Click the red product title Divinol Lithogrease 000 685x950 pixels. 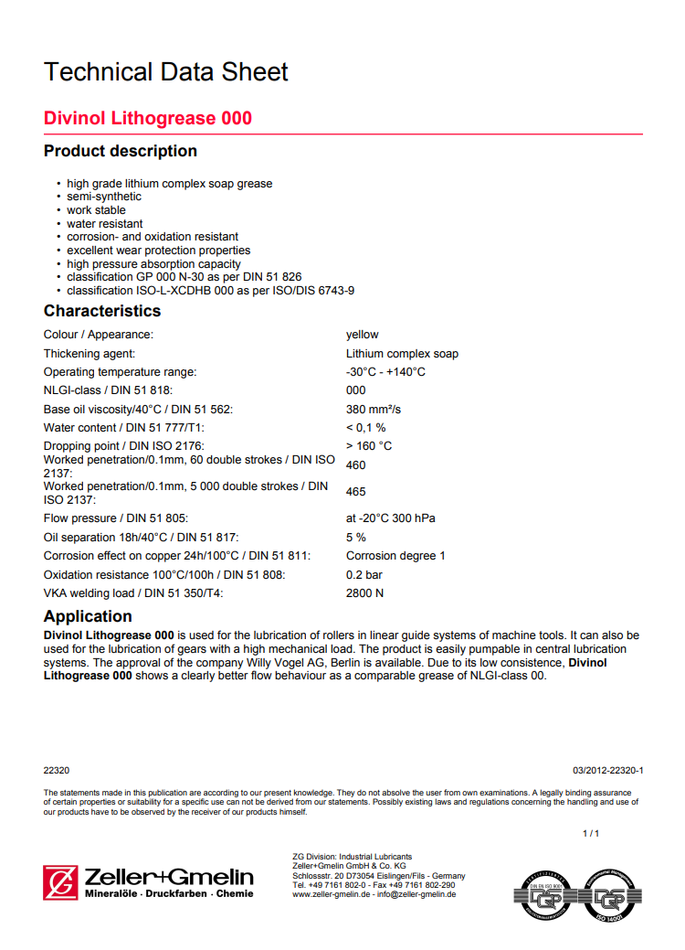(148, 119)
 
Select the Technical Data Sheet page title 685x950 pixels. (166, 72)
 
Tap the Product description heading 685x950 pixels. (121, 151)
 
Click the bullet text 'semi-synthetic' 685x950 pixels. (104, 197)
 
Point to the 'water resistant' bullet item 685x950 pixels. (105, 223)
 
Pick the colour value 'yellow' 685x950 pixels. (362, 335)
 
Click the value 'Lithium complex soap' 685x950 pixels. (402, 354)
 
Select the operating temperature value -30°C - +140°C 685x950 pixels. (385, 372)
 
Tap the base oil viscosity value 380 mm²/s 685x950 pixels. (374, 409)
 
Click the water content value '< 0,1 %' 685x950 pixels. (365, 427)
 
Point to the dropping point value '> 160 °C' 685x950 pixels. (369, 446)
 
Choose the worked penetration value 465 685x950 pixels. (356, 492)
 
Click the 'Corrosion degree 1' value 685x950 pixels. (395, 556)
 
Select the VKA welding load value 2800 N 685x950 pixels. (364, 593)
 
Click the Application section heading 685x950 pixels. (88, 616)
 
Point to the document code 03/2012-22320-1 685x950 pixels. (607, 771)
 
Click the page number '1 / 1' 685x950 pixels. (591, 834)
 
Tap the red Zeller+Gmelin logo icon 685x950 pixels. (60, 882)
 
